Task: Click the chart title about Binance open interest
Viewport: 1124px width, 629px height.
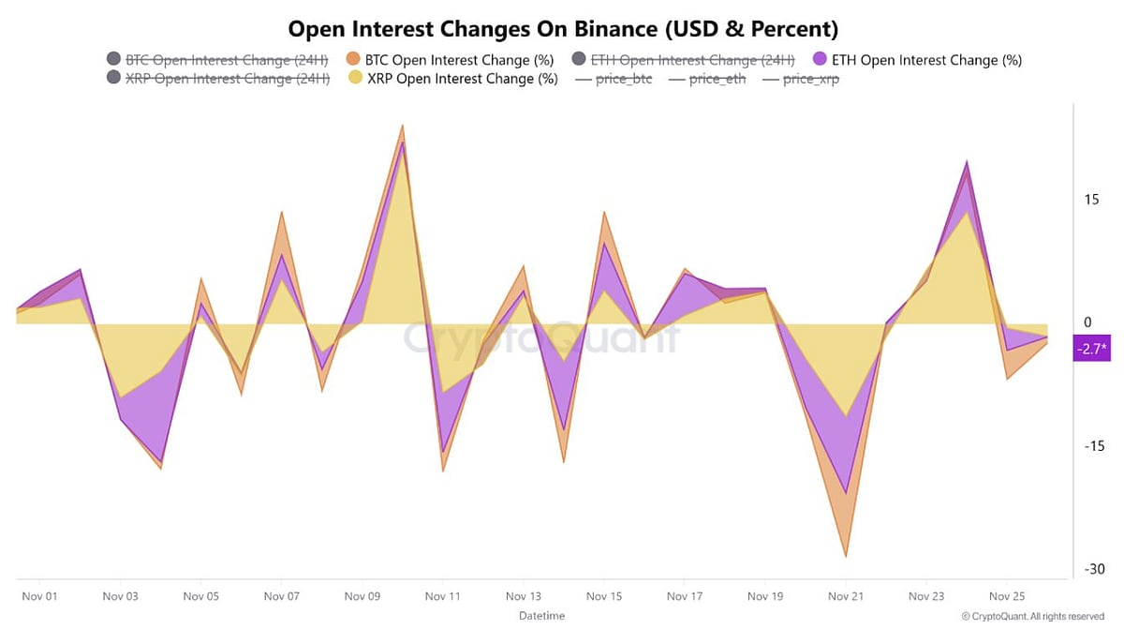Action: pos(562,28)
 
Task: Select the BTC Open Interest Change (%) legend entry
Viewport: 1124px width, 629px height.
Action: pos(451,60)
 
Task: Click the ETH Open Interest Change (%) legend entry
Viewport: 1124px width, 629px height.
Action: pos(928,60)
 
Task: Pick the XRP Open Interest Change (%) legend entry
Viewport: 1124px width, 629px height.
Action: pos(452,79)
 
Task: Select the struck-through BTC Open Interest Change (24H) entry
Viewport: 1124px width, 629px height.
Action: pos(217,60)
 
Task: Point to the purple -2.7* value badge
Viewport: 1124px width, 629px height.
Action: pos(1091,350)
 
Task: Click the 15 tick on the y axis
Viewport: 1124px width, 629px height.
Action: pos(1091,200)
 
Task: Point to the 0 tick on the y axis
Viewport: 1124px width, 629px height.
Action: pos(1087,322)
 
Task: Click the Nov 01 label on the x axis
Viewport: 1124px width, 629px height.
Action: pos(39,596)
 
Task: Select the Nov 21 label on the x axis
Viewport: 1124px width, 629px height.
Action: pos(846,596)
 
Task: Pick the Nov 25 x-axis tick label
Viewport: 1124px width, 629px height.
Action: pos(1007,596)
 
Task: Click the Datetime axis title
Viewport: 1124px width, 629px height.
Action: pos(542,616)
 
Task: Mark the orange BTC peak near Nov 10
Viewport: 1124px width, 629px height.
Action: pos(402,126)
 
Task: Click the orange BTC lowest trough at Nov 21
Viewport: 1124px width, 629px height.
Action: pos(846,556)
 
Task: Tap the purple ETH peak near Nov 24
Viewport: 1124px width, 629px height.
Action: pos(967,163)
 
